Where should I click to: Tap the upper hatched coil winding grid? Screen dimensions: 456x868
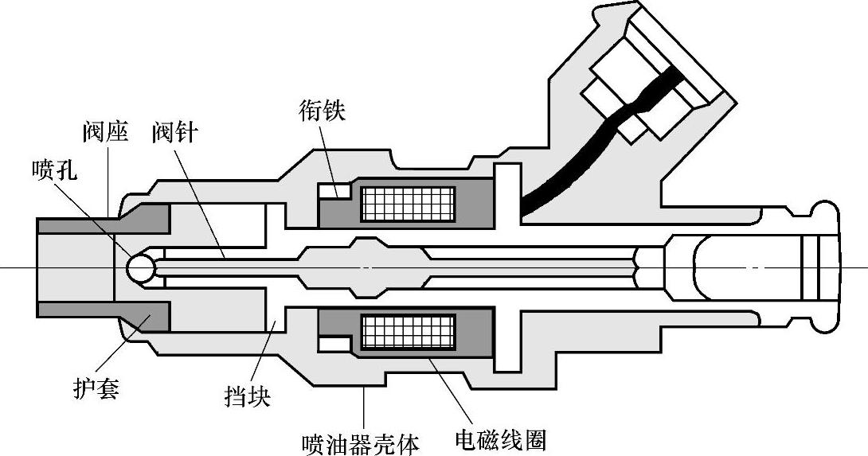(x=408, y=204)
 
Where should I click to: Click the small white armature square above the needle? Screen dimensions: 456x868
(x=333, y=192)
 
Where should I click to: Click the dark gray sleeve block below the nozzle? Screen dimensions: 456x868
(x=143, y=318)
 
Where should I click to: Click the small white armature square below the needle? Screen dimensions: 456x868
(x=333, y=343)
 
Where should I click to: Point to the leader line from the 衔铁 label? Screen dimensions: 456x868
(x=328, y=155)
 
